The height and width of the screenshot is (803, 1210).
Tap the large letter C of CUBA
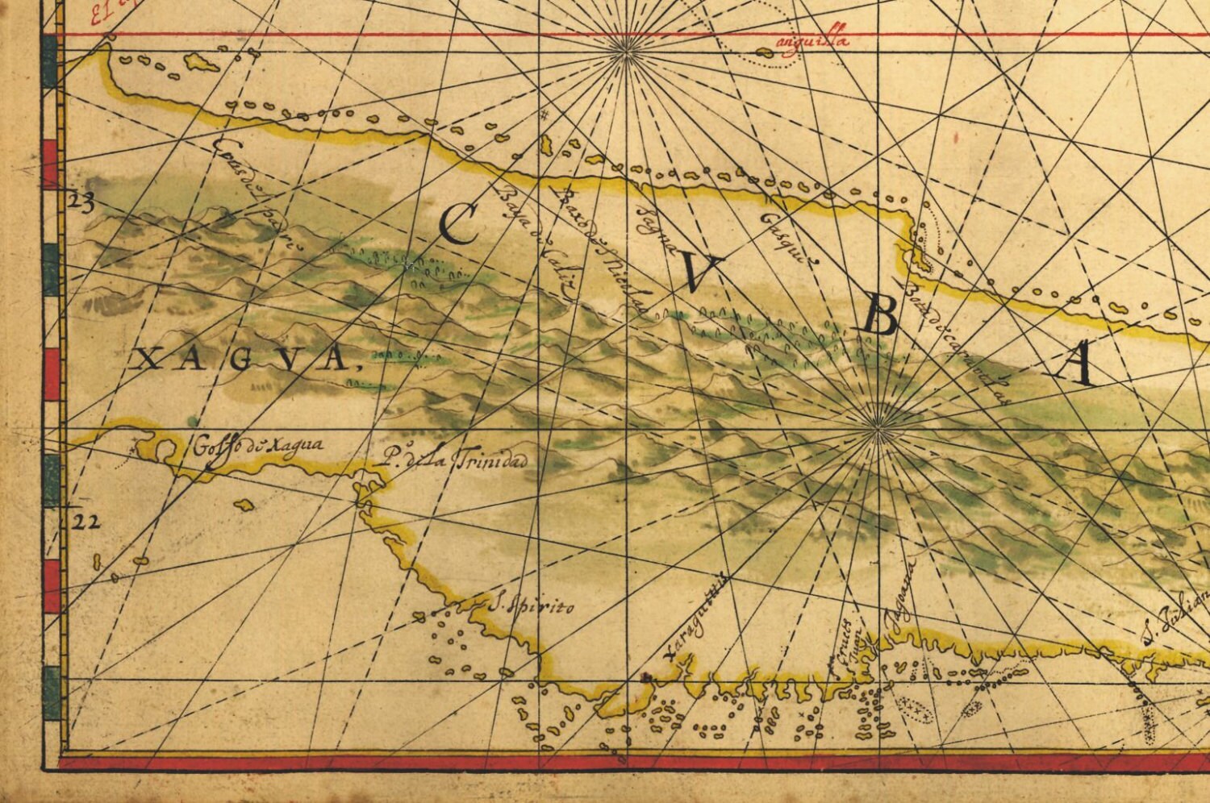click(461, 224)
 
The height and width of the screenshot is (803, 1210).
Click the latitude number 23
click(81, 202)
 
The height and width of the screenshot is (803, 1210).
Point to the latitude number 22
click(86, 522)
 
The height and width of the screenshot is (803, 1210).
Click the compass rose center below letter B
click(877, 431)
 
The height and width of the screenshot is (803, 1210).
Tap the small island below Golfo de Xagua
click(241, 505)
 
